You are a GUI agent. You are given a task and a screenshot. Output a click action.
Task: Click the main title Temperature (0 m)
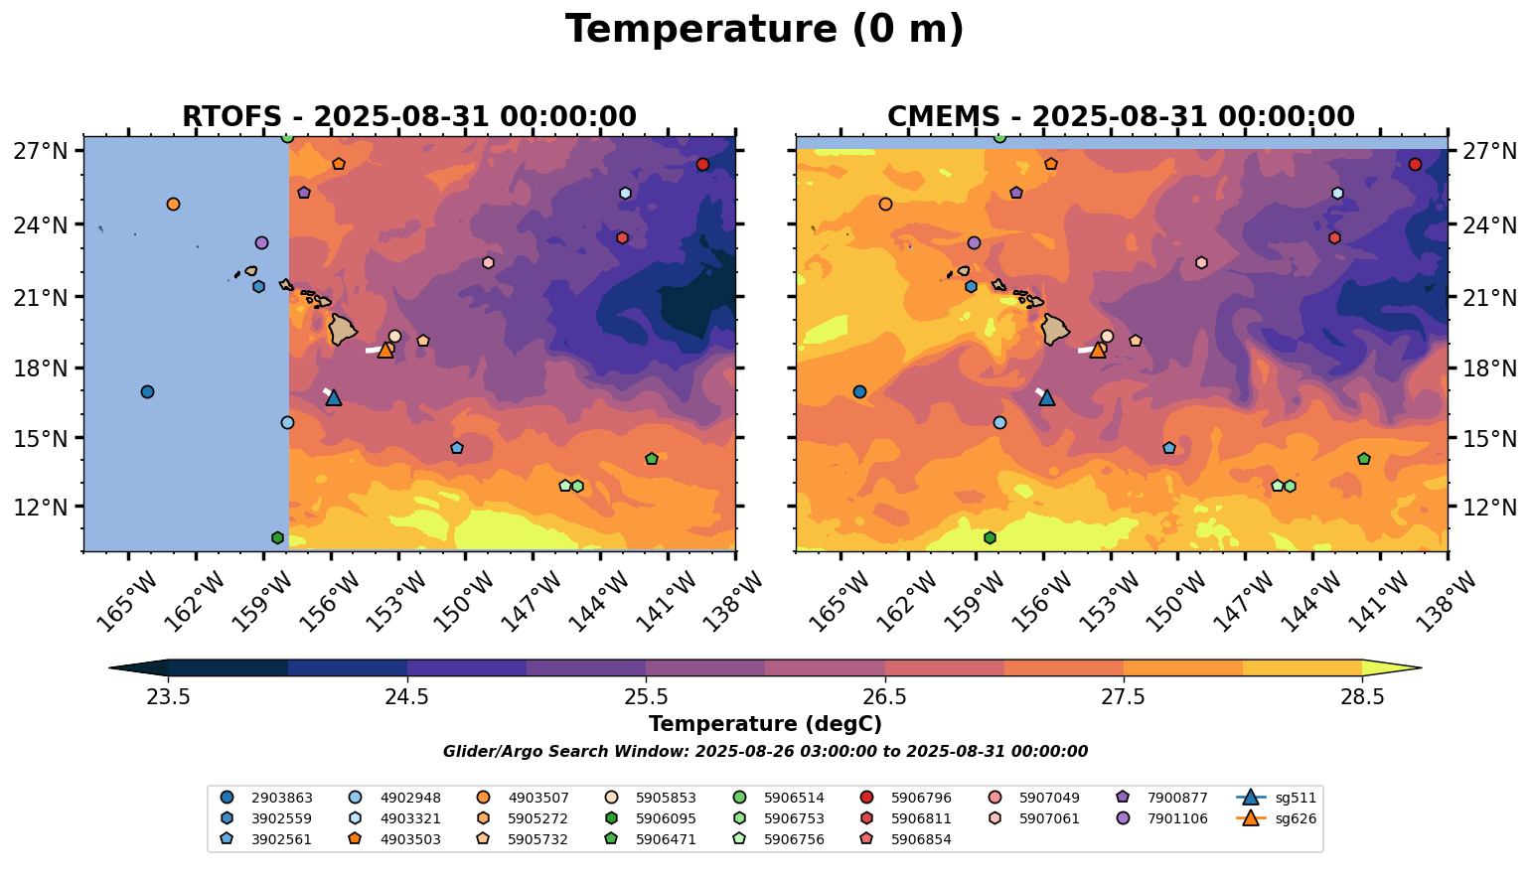[764, 30]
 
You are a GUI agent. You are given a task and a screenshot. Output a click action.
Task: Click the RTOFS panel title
[408, 117]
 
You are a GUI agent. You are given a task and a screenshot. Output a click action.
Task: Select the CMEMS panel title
[1121, 117]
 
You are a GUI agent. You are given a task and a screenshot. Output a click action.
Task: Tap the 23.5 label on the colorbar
[168, 696]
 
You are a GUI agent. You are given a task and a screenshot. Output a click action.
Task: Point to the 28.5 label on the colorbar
[1362, 696]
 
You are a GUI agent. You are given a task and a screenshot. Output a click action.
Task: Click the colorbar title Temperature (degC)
[764, 724]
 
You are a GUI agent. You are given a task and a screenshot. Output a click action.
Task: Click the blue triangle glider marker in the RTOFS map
[333, 397]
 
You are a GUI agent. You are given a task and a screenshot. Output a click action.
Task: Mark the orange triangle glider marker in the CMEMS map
[1098, 350]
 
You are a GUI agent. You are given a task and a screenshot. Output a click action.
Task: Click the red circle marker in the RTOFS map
[702, 164]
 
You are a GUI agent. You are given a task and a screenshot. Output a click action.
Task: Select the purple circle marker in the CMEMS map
[974, 242]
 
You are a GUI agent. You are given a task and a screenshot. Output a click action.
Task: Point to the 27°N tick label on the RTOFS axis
[41, 151]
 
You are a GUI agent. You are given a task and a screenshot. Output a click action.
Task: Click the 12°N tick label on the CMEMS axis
[1489, 507]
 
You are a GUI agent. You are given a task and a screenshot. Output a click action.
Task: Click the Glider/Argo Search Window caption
[764, 752]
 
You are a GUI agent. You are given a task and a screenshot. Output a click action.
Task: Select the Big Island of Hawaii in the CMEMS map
[1054, 329]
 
